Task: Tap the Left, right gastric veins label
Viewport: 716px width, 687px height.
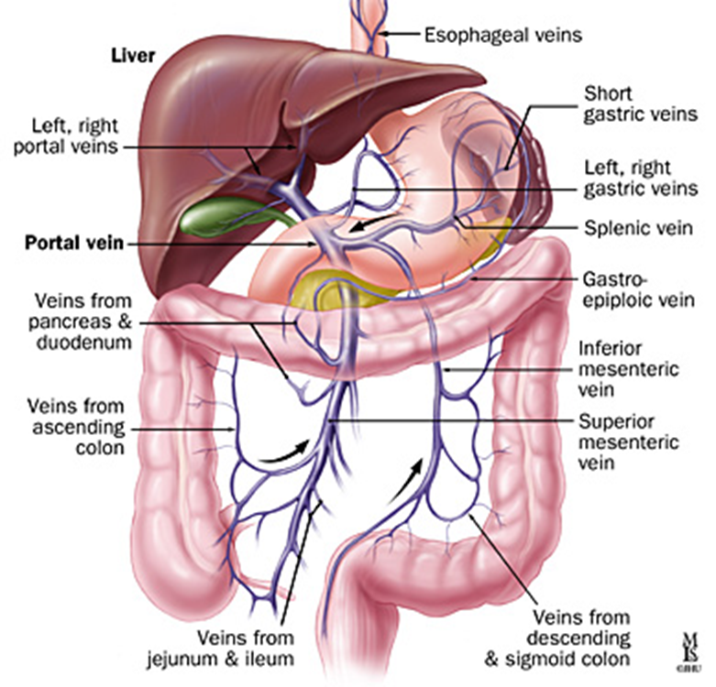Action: pyautogui.click(x=627, y=180)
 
